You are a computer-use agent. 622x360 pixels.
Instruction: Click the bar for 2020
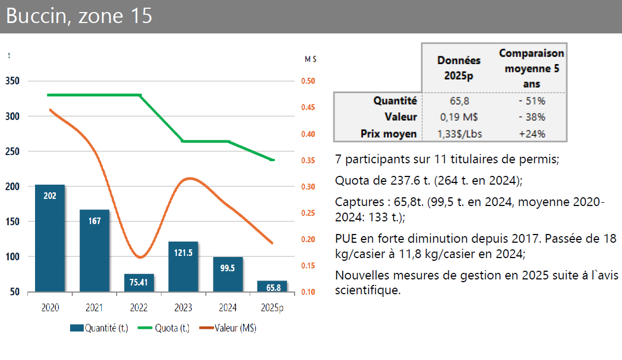[x=50, y=238]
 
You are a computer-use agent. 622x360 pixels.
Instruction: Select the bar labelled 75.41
[x=139, y=283]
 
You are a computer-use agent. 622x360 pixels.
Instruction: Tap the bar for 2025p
[x=272, y=286]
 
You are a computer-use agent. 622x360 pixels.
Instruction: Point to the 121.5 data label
[x=183, y=253]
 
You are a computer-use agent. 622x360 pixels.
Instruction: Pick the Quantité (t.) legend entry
[x=99, y=328]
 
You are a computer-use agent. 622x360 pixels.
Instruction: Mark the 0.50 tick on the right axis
[x=308, y=81]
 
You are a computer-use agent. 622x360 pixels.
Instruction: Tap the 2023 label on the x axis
[x=183, y=308]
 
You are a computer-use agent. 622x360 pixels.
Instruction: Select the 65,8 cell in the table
[x=459, y=101]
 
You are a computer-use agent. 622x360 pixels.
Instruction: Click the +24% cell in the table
[x=532, y=134]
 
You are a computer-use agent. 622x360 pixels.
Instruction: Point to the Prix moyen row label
[x=389, y=134]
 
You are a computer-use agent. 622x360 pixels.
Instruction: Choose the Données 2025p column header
[x=459, y=68]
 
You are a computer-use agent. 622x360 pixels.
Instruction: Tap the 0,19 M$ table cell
[x=459, y=117]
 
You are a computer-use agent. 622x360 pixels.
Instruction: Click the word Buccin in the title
[x=36, y=16]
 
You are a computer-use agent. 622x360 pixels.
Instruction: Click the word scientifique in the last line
[x=367, y=290]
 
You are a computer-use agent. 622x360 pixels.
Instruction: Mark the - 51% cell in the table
[x=532, y=101]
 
